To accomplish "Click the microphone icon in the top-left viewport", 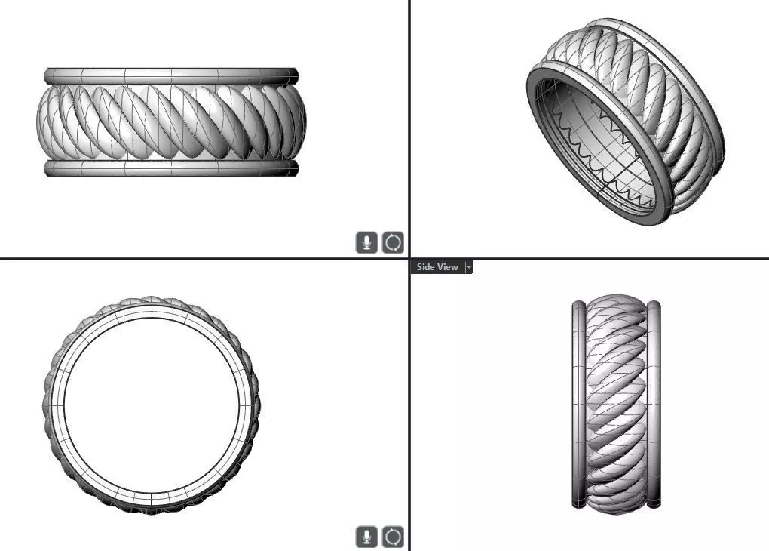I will point(366,242).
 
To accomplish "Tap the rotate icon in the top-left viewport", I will point(394,242).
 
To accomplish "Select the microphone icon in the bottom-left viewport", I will point(366,537).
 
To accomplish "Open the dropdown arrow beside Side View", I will point(469,267).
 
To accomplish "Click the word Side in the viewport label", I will point(426,267).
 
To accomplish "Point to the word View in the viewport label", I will point(448,267).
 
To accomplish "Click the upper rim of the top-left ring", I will point(170,76).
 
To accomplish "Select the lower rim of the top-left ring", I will point(170,168).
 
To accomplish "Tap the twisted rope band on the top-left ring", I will point(170,121).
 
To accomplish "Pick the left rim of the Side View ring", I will point(579,404).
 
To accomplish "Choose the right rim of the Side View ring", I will point(654,404).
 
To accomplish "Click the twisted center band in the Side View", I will point(616,404).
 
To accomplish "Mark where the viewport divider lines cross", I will point(409,259).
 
